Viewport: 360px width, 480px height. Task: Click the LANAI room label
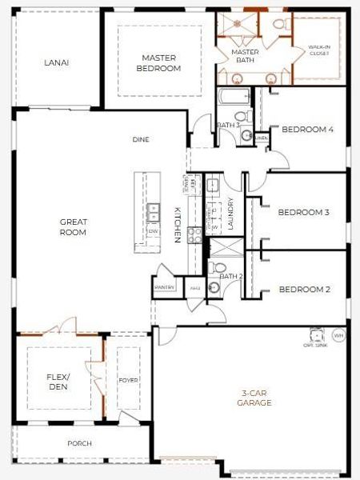coord(55,62)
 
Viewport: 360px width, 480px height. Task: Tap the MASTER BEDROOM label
coord(160,62)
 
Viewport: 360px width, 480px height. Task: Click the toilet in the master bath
coord(279,23)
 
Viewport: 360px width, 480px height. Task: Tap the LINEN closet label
coord(261,138)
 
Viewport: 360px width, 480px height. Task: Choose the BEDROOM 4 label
coord(308,129)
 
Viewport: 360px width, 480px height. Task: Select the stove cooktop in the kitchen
coord(194,234)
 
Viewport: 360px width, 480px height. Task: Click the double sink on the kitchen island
coord(153,213)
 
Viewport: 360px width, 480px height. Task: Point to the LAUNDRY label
coord(230,214)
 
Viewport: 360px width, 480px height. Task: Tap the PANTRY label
coord(165,286)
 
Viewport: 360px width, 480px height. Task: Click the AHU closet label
coord(194,287)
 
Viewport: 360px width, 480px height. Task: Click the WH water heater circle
coord(338,335)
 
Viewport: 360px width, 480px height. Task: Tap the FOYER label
coord(128,380)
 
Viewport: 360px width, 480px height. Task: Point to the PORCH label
coord(79,443)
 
